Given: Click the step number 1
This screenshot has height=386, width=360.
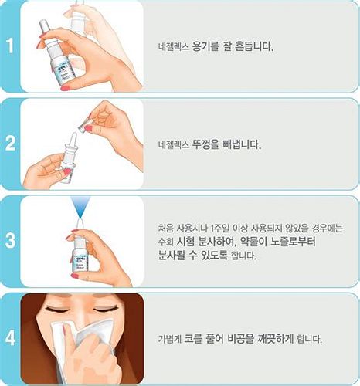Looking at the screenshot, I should (10, 45).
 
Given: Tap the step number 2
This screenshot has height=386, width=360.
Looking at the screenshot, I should (10, 143).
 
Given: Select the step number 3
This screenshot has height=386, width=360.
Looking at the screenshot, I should (10, 240).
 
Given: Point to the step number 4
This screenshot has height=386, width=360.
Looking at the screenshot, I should (10, 337).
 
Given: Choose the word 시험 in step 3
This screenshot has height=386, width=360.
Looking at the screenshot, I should (192, 242).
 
